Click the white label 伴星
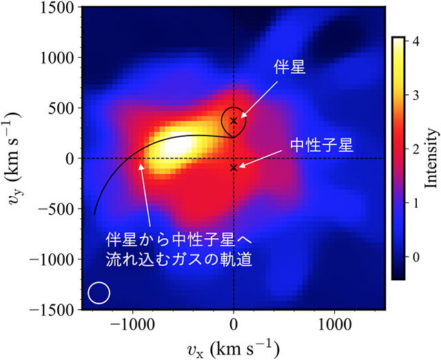(289, 67)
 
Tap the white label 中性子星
(322, 145)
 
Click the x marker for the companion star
(234, 121)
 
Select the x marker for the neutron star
(234, 168)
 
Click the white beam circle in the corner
(99, 293)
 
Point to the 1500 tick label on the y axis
(59, 8)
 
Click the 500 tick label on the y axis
(63, 109)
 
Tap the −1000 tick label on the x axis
(132, 325)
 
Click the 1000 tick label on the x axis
(334, 325)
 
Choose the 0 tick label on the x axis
(234, 325)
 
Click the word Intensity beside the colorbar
(431, 158)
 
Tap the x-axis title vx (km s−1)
(233, 349)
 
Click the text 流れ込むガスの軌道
(179, 260)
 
